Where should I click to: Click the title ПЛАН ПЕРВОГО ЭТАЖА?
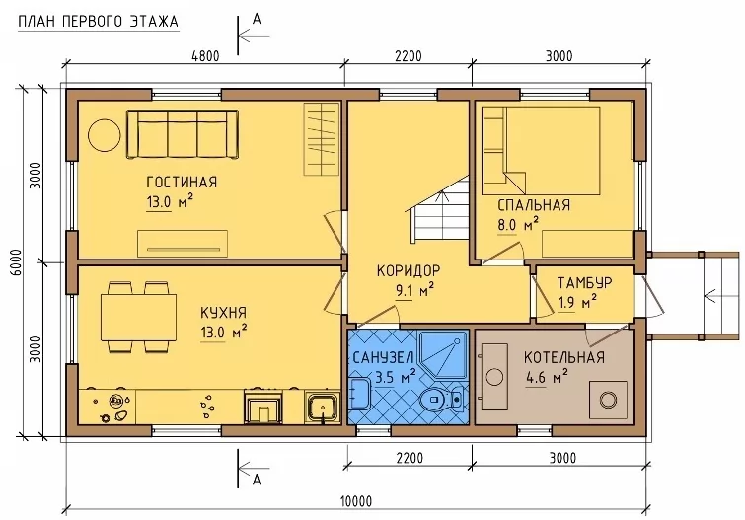[98, 22]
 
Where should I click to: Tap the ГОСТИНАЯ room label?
[182, 182]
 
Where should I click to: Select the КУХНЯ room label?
[223, 312]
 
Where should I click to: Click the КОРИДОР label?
[409, 270]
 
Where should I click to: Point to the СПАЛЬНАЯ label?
[534, 205]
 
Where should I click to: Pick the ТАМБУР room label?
[584, 282]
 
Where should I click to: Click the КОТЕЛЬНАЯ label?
[564, 357]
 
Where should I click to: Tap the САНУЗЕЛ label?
[383, 357]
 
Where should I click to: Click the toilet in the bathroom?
[442, 399]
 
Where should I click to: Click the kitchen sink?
[322, 407]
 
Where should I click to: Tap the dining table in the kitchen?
[138, 317]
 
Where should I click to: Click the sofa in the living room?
[182, 134]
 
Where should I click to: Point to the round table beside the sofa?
[105, 135]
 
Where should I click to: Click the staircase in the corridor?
[439, 209]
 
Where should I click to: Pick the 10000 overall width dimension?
[356, 501]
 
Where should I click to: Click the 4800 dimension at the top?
[205, 56]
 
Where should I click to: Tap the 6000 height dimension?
[16, 262]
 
